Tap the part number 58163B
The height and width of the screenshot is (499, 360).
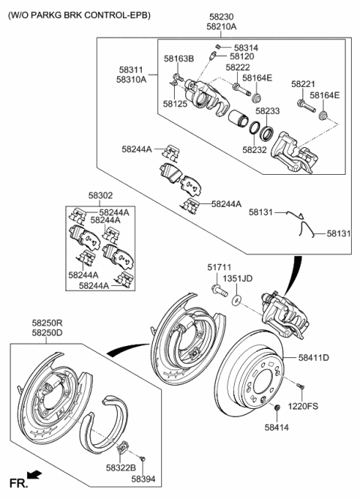coord(178,59)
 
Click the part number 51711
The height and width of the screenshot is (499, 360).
coord(218,266)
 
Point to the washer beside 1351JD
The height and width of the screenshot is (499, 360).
coord(238,300)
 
